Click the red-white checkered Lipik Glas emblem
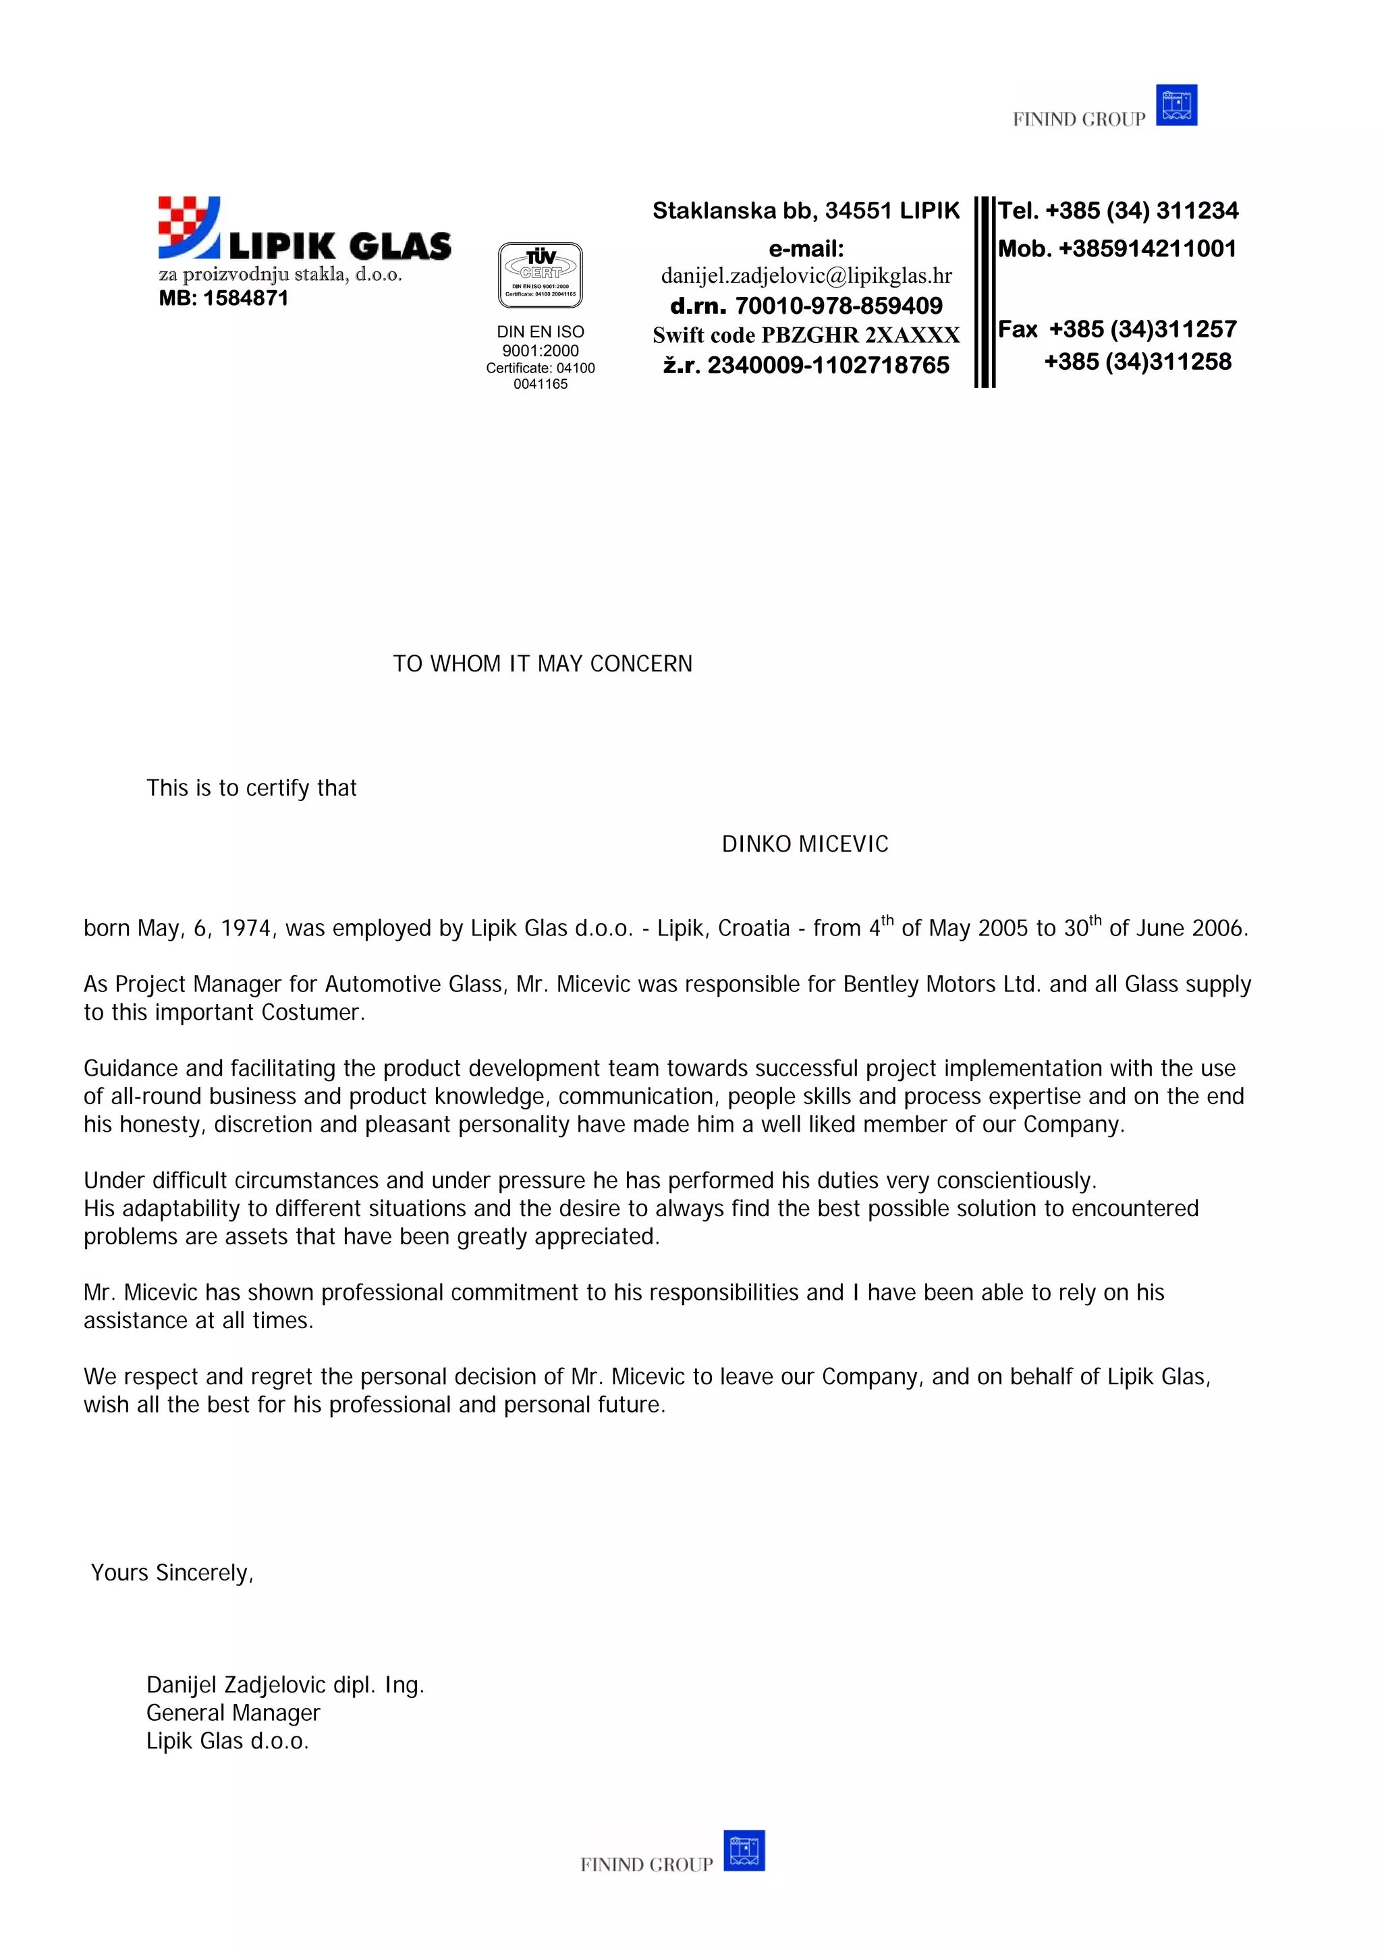188,225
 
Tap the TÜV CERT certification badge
540,274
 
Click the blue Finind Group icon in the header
1176,105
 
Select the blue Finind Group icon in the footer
744,1850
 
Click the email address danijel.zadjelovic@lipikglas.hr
806,276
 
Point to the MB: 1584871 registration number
223,298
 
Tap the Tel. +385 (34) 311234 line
1117,211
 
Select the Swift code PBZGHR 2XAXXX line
806,335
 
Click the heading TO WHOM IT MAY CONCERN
543,663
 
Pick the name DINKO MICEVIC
804,844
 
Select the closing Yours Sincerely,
172,1572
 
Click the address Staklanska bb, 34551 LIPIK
806,211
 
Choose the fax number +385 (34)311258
1137,362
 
